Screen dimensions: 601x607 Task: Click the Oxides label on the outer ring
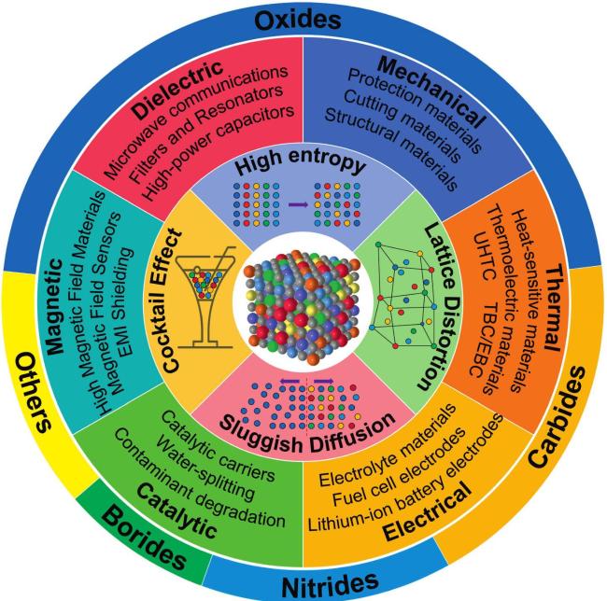tap(303, 19)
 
